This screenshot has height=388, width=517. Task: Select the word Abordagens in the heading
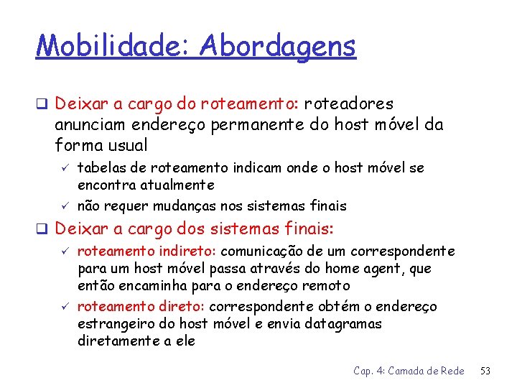tap(278, 48)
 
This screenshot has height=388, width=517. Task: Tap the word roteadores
tap(348, 104)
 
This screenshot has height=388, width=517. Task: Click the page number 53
tap(486, 371)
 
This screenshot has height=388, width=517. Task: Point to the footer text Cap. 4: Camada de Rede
tap(409, 371)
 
